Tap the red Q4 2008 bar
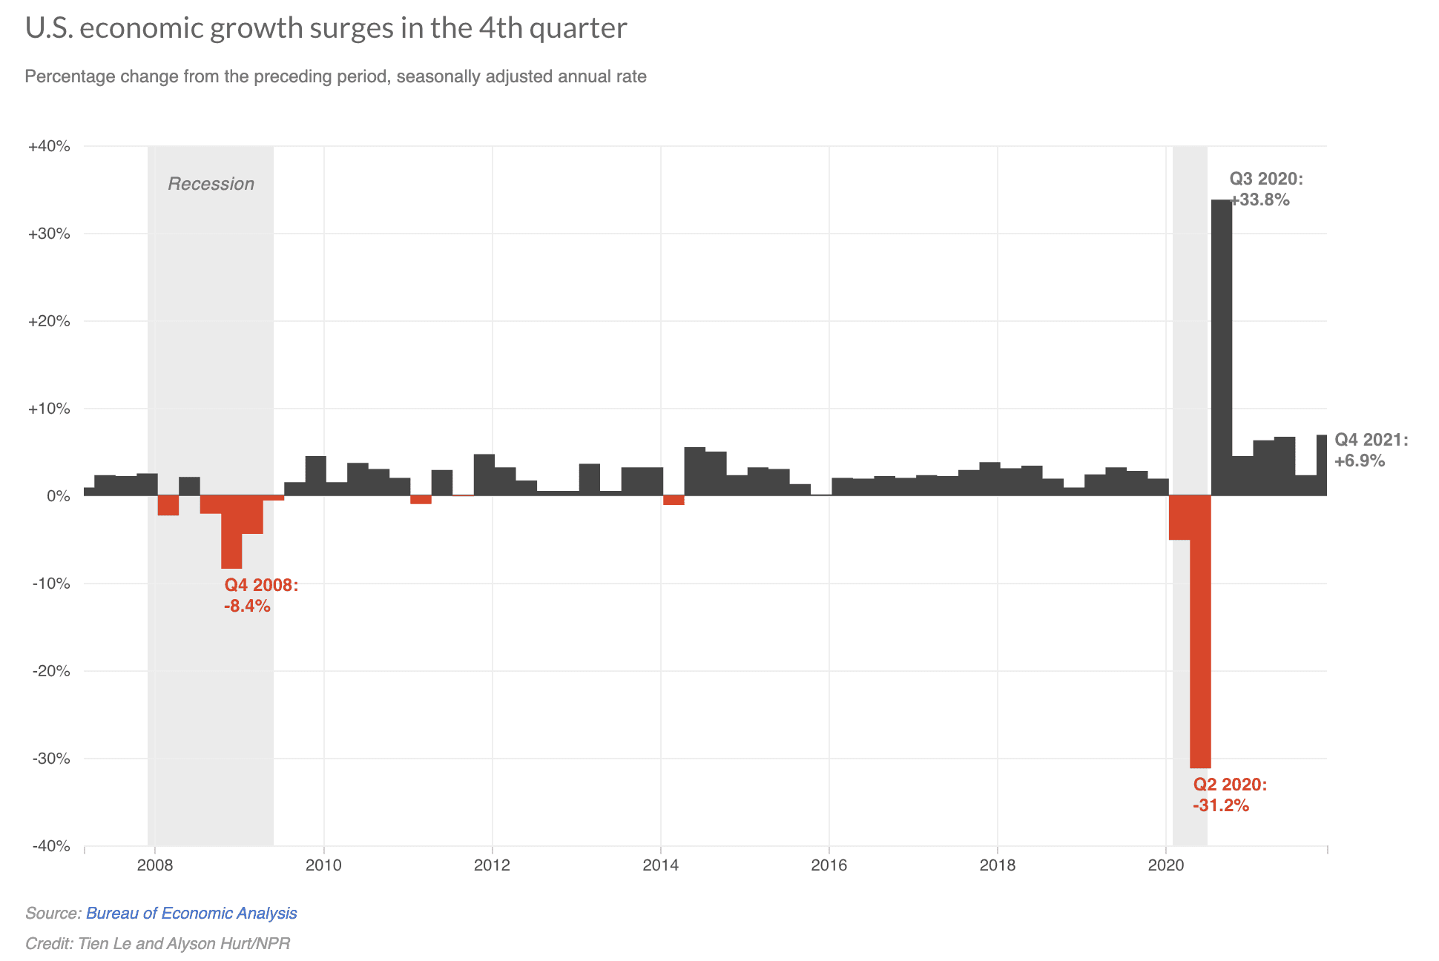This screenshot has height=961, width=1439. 231,532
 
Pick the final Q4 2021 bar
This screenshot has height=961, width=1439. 1322,465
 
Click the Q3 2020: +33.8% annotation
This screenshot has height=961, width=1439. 1265,189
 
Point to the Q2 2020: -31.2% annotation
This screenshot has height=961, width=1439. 1229,795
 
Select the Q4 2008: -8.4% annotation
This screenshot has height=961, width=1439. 260,595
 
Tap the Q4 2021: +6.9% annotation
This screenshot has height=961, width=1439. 1370,450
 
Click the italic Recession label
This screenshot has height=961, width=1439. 211,184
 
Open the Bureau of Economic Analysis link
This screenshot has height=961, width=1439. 191,913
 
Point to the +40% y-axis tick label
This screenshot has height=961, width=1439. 49,146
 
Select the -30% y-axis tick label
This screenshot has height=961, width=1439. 50,759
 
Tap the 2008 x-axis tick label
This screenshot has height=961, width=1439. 154,865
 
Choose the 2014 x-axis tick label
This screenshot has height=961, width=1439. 660,865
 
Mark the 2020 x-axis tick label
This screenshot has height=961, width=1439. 1166,865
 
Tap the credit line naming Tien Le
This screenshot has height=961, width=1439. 157,943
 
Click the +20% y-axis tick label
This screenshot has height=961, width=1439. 49,321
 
